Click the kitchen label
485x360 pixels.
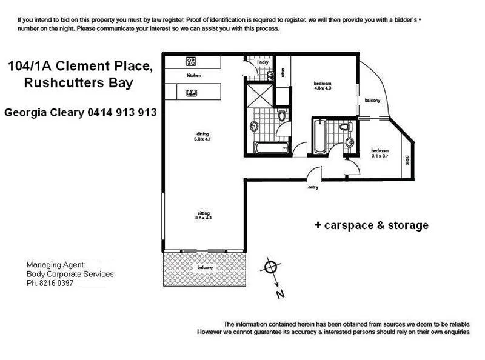point(194,75)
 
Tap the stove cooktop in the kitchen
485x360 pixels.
point(190,61)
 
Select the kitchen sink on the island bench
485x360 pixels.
point(190,93)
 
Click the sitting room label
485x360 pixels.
point(203,213)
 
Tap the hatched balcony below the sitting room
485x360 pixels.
point(204,268)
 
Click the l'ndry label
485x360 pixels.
point(263,62)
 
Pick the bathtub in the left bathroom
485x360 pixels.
point(270,147)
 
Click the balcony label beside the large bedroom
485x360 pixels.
point(371,100)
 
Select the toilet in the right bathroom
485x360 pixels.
point(346,127)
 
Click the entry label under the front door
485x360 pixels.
point(313,187)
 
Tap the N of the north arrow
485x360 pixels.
point(280,295)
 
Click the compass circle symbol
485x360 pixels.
point(270,267)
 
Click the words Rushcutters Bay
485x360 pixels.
point(78,84)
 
